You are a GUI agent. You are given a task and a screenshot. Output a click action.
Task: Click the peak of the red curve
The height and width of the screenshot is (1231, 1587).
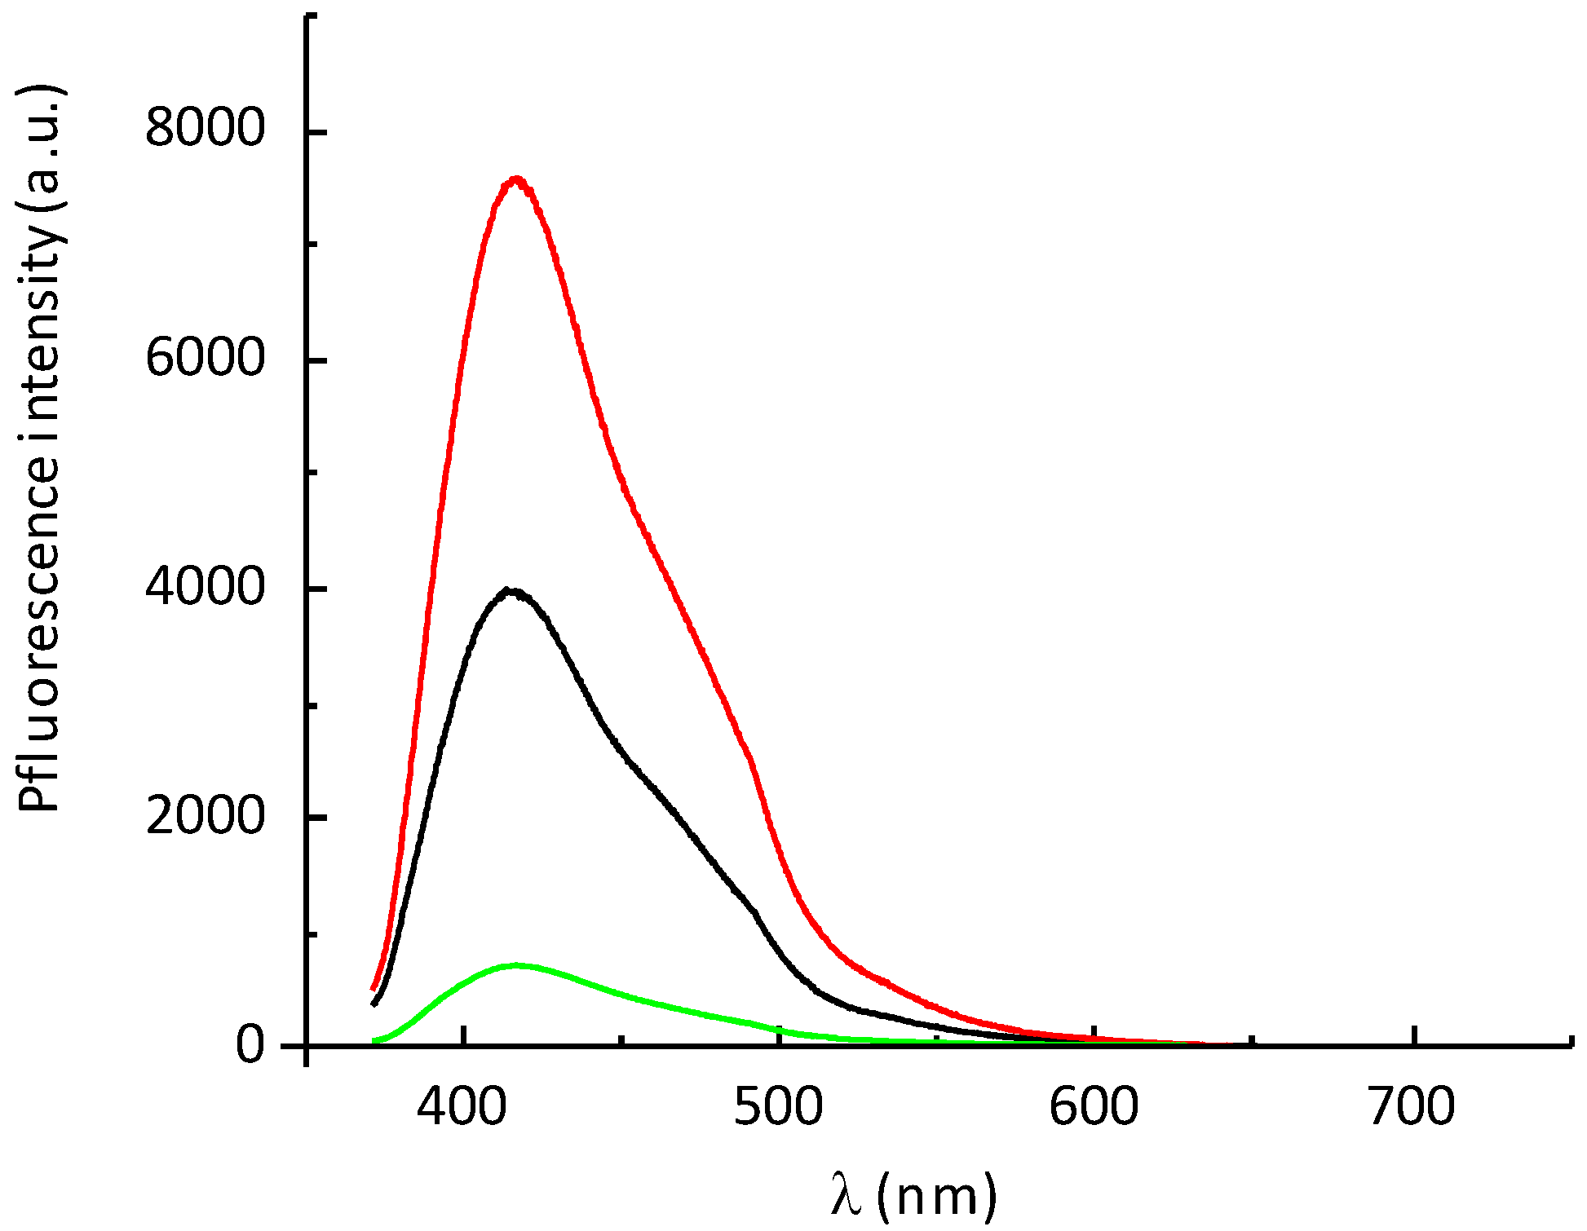point(515,179)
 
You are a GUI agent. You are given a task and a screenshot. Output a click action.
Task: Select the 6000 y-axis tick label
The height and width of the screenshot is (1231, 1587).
point(206,357)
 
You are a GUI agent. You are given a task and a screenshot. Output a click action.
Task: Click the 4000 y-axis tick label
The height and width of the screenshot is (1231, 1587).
point(206,586)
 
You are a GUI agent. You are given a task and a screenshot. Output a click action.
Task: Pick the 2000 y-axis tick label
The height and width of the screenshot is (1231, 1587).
point(206,815)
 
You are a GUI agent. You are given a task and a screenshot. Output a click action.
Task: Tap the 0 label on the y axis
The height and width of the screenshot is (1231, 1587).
point(250,1045)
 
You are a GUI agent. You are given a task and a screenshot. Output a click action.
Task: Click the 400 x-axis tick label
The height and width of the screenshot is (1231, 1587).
point(462,1107)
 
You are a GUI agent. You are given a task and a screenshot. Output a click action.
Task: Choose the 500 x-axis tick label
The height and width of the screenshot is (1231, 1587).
point(779,1107)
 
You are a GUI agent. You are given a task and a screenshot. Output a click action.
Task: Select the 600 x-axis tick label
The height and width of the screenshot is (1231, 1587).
point(1094,1107)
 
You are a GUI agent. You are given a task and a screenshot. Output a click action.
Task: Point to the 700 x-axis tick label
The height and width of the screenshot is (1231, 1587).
point(1411,1107)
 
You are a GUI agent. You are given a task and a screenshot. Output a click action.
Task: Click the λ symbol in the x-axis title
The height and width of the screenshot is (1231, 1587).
point(847,1195)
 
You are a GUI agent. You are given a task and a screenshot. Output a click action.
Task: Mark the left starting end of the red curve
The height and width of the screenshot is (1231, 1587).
point(374,989)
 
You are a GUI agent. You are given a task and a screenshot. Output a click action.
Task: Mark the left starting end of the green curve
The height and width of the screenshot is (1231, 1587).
point(374,1041)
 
